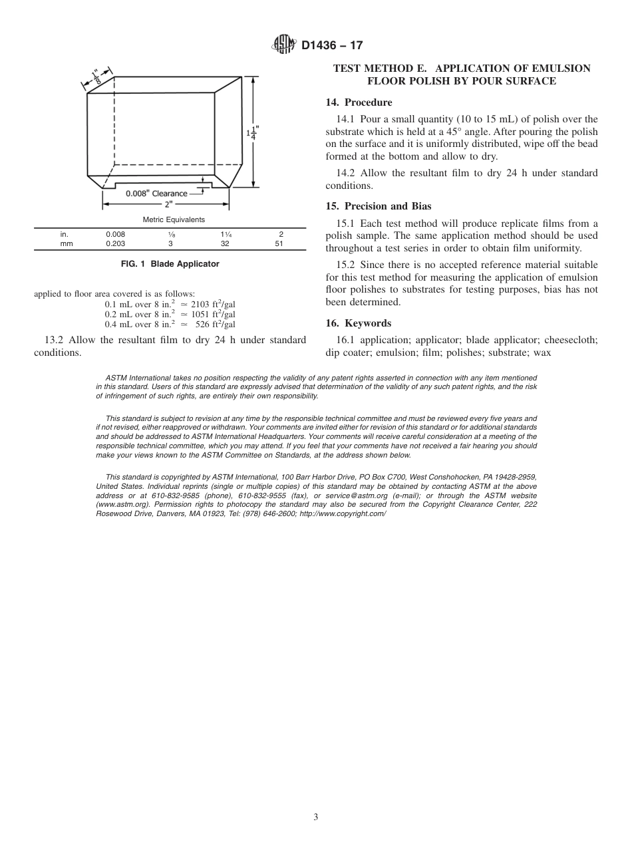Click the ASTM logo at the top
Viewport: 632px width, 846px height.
tap(284, 45)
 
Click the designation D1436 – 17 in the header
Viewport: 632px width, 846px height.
tap(332, 46)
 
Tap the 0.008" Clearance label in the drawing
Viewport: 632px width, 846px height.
tap(156, 194)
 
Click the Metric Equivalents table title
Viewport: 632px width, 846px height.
tap(174, 219)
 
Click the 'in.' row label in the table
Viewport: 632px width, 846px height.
tap(64, 235)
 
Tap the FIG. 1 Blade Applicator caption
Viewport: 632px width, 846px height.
tap(170, 264)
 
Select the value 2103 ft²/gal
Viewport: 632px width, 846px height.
tap(213, 304)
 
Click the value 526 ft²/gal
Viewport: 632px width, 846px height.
tap(216, 325)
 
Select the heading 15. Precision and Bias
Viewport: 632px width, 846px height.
tap(378, 206)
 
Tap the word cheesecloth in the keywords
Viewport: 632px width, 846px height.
tap(571, 341)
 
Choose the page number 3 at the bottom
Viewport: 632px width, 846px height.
tap(316, 817)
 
